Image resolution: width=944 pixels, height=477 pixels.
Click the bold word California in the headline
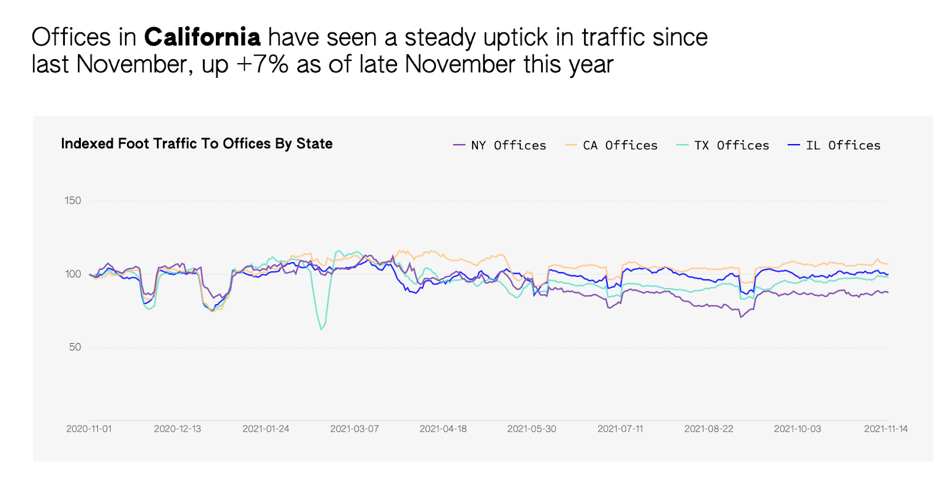(202, 37)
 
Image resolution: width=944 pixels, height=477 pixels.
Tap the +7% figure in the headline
(262, 64)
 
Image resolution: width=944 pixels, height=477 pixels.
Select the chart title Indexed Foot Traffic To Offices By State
(196, 143)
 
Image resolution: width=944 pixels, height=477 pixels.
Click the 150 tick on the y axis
(73, 201)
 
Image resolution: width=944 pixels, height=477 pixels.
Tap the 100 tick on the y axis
(73, 274)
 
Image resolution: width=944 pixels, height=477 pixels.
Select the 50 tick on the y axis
(75, 347)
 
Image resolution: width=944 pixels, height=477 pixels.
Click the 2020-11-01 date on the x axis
(88, 429)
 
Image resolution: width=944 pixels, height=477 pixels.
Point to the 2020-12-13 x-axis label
(177, 429)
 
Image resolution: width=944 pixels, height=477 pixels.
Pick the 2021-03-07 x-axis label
(354, 429)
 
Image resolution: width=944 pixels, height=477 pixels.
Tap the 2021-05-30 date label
(532, 429)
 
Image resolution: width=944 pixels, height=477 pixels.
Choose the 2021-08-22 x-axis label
(709, 429)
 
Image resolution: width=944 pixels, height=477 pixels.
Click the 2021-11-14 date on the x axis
(886, 429)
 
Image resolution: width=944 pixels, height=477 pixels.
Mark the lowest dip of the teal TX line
(321, 329)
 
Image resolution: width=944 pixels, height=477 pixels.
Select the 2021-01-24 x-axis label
(265, 429)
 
